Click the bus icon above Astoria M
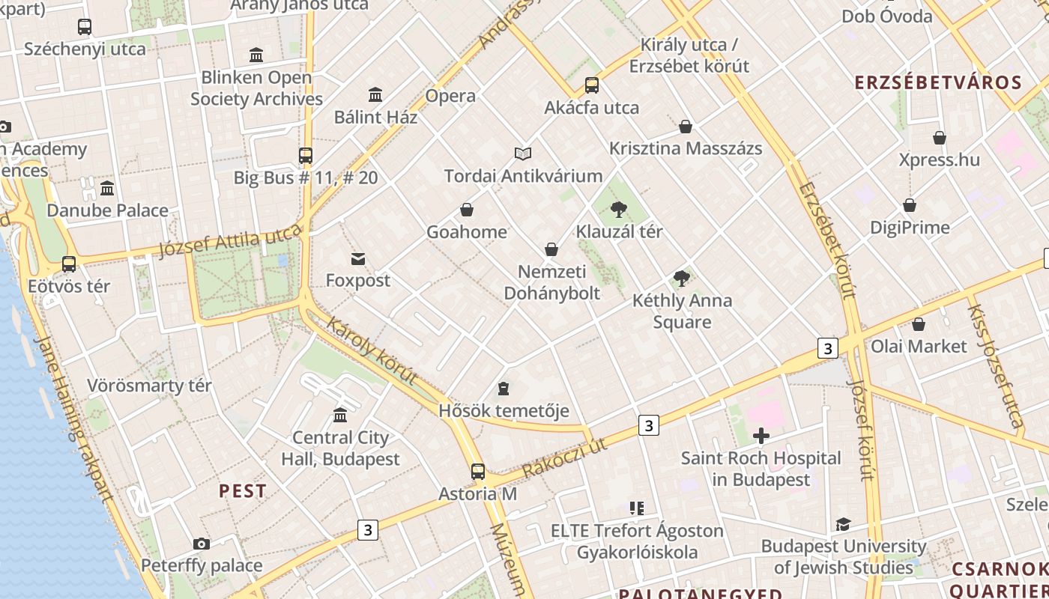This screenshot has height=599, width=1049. click(x=478, y=472)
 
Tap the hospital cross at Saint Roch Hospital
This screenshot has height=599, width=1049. click(x=761, y=436)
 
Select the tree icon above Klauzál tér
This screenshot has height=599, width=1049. click(x=618, y=209)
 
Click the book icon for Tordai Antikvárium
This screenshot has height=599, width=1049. click(x=523, y=153)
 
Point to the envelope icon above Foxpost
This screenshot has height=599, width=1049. click(x=358, y=259)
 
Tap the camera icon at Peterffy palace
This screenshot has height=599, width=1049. click(x=201, y=544)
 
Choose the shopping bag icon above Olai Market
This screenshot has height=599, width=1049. click(x=919, y=324)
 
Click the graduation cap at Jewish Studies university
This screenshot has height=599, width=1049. click(x=843, y=524)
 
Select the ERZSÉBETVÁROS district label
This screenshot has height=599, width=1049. click(x=938, y=82)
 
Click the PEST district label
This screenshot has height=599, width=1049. click(x=242, y=491)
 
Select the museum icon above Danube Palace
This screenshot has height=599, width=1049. click(x=107, y=188)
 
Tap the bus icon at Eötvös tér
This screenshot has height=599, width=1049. click(x=69, y=264)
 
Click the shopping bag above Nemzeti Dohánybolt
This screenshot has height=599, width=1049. click(x=551, y=249)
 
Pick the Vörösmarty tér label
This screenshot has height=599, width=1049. click(x=149, y=386)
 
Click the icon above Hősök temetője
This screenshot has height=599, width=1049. click(x=504, y=389)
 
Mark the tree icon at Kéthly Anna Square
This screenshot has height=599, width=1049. click(x=682, y=279)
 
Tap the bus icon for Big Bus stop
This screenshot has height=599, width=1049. click(x=306, y=156)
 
